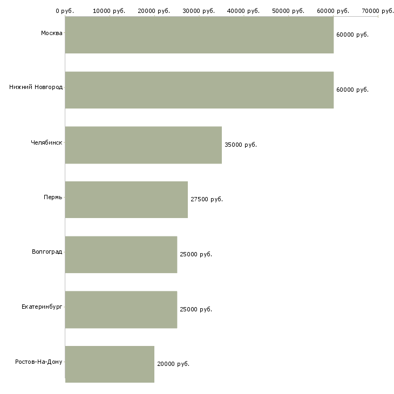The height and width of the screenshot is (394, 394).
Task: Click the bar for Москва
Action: click(199, 35)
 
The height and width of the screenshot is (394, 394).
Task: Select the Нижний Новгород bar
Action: click(199, 90)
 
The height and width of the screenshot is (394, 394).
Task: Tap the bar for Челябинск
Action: click(144, 145)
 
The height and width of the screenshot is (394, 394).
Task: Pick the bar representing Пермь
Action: click(126, 200)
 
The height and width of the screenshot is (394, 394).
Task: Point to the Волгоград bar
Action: click(121, 255)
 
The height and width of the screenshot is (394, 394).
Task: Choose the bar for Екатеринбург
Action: click(121, 310)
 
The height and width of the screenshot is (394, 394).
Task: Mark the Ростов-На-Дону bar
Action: click(110, 364)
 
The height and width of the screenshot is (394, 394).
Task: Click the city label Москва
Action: click(51, 33)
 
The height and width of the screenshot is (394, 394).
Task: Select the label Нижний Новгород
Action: click(36, 87)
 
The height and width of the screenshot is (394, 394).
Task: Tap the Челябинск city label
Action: click(46, 142)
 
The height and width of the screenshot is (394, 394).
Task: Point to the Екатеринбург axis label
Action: click(42, 307)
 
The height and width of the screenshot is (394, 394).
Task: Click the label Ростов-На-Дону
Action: click(39, 362)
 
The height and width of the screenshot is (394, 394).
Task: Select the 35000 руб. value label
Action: click(241, 145)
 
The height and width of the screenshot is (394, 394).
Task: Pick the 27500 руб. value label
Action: click(207, 199)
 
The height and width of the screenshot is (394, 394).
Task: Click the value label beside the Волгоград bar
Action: click(196, 254)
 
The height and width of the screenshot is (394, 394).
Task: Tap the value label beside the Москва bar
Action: click(352, 35)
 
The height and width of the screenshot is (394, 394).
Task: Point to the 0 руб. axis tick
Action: click(65, 11)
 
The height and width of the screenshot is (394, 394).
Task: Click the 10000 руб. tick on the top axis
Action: click(109, 11)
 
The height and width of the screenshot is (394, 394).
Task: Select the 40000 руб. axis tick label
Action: click(243, 11)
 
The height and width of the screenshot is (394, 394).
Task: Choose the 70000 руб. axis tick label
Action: click(378, 11)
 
